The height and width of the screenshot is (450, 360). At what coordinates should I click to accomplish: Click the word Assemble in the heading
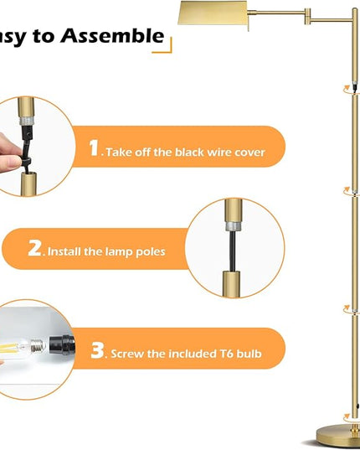[112, 35]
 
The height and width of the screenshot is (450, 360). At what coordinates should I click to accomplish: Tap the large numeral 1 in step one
[94, 148]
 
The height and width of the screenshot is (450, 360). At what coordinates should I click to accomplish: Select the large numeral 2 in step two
[34, 248]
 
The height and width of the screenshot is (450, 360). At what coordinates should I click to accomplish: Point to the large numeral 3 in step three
[97, 350]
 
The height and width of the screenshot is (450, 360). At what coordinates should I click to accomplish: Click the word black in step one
[189, 152]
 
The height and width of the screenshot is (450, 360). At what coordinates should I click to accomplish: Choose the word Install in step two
[64, 251]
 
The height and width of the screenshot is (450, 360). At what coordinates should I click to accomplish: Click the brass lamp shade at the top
[213, 13]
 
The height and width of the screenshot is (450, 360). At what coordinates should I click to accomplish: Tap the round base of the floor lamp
[338, 437]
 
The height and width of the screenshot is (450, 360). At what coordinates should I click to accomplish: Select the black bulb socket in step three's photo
[62, 344]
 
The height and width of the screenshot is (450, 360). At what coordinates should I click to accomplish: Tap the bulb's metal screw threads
[38, 345]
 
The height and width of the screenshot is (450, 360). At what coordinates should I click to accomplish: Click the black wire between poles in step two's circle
[233, 251]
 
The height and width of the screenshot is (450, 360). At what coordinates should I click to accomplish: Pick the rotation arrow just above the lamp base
[347, 425]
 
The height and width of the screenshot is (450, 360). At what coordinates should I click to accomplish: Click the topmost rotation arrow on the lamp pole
[347, 88]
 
